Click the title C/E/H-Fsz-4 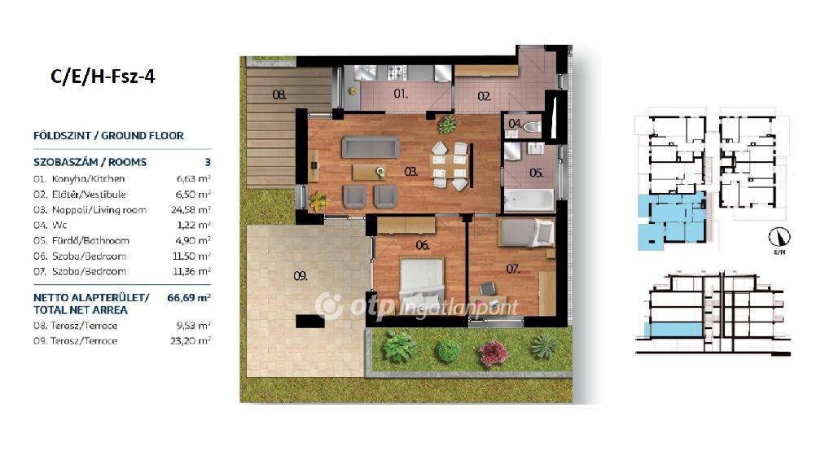[x=103, y=77]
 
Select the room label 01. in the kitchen [x=401, y=94]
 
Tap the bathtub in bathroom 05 [x=529, y=200]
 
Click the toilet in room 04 [x=531, y=126]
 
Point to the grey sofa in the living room [x=371, y=147]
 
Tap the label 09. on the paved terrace [x=301, y=276]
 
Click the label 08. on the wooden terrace [x=279, y=95]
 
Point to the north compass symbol [x=779, y=237]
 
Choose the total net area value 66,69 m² [x=189, y=298]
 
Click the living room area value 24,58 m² [x=191, y=210]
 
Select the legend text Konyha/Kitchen [x=88, y=179]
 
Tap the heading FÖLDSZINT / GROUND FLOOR [x=108, y=136]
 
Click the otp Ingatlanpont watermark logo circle [x=329, y=306]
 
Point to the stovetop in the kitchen [x=397, y=72]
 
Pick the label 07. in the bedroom [x=513, y=269]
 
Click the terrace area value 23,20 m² [x=191, y=341]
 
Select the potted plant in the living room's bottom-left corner [x=318, y=201]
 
